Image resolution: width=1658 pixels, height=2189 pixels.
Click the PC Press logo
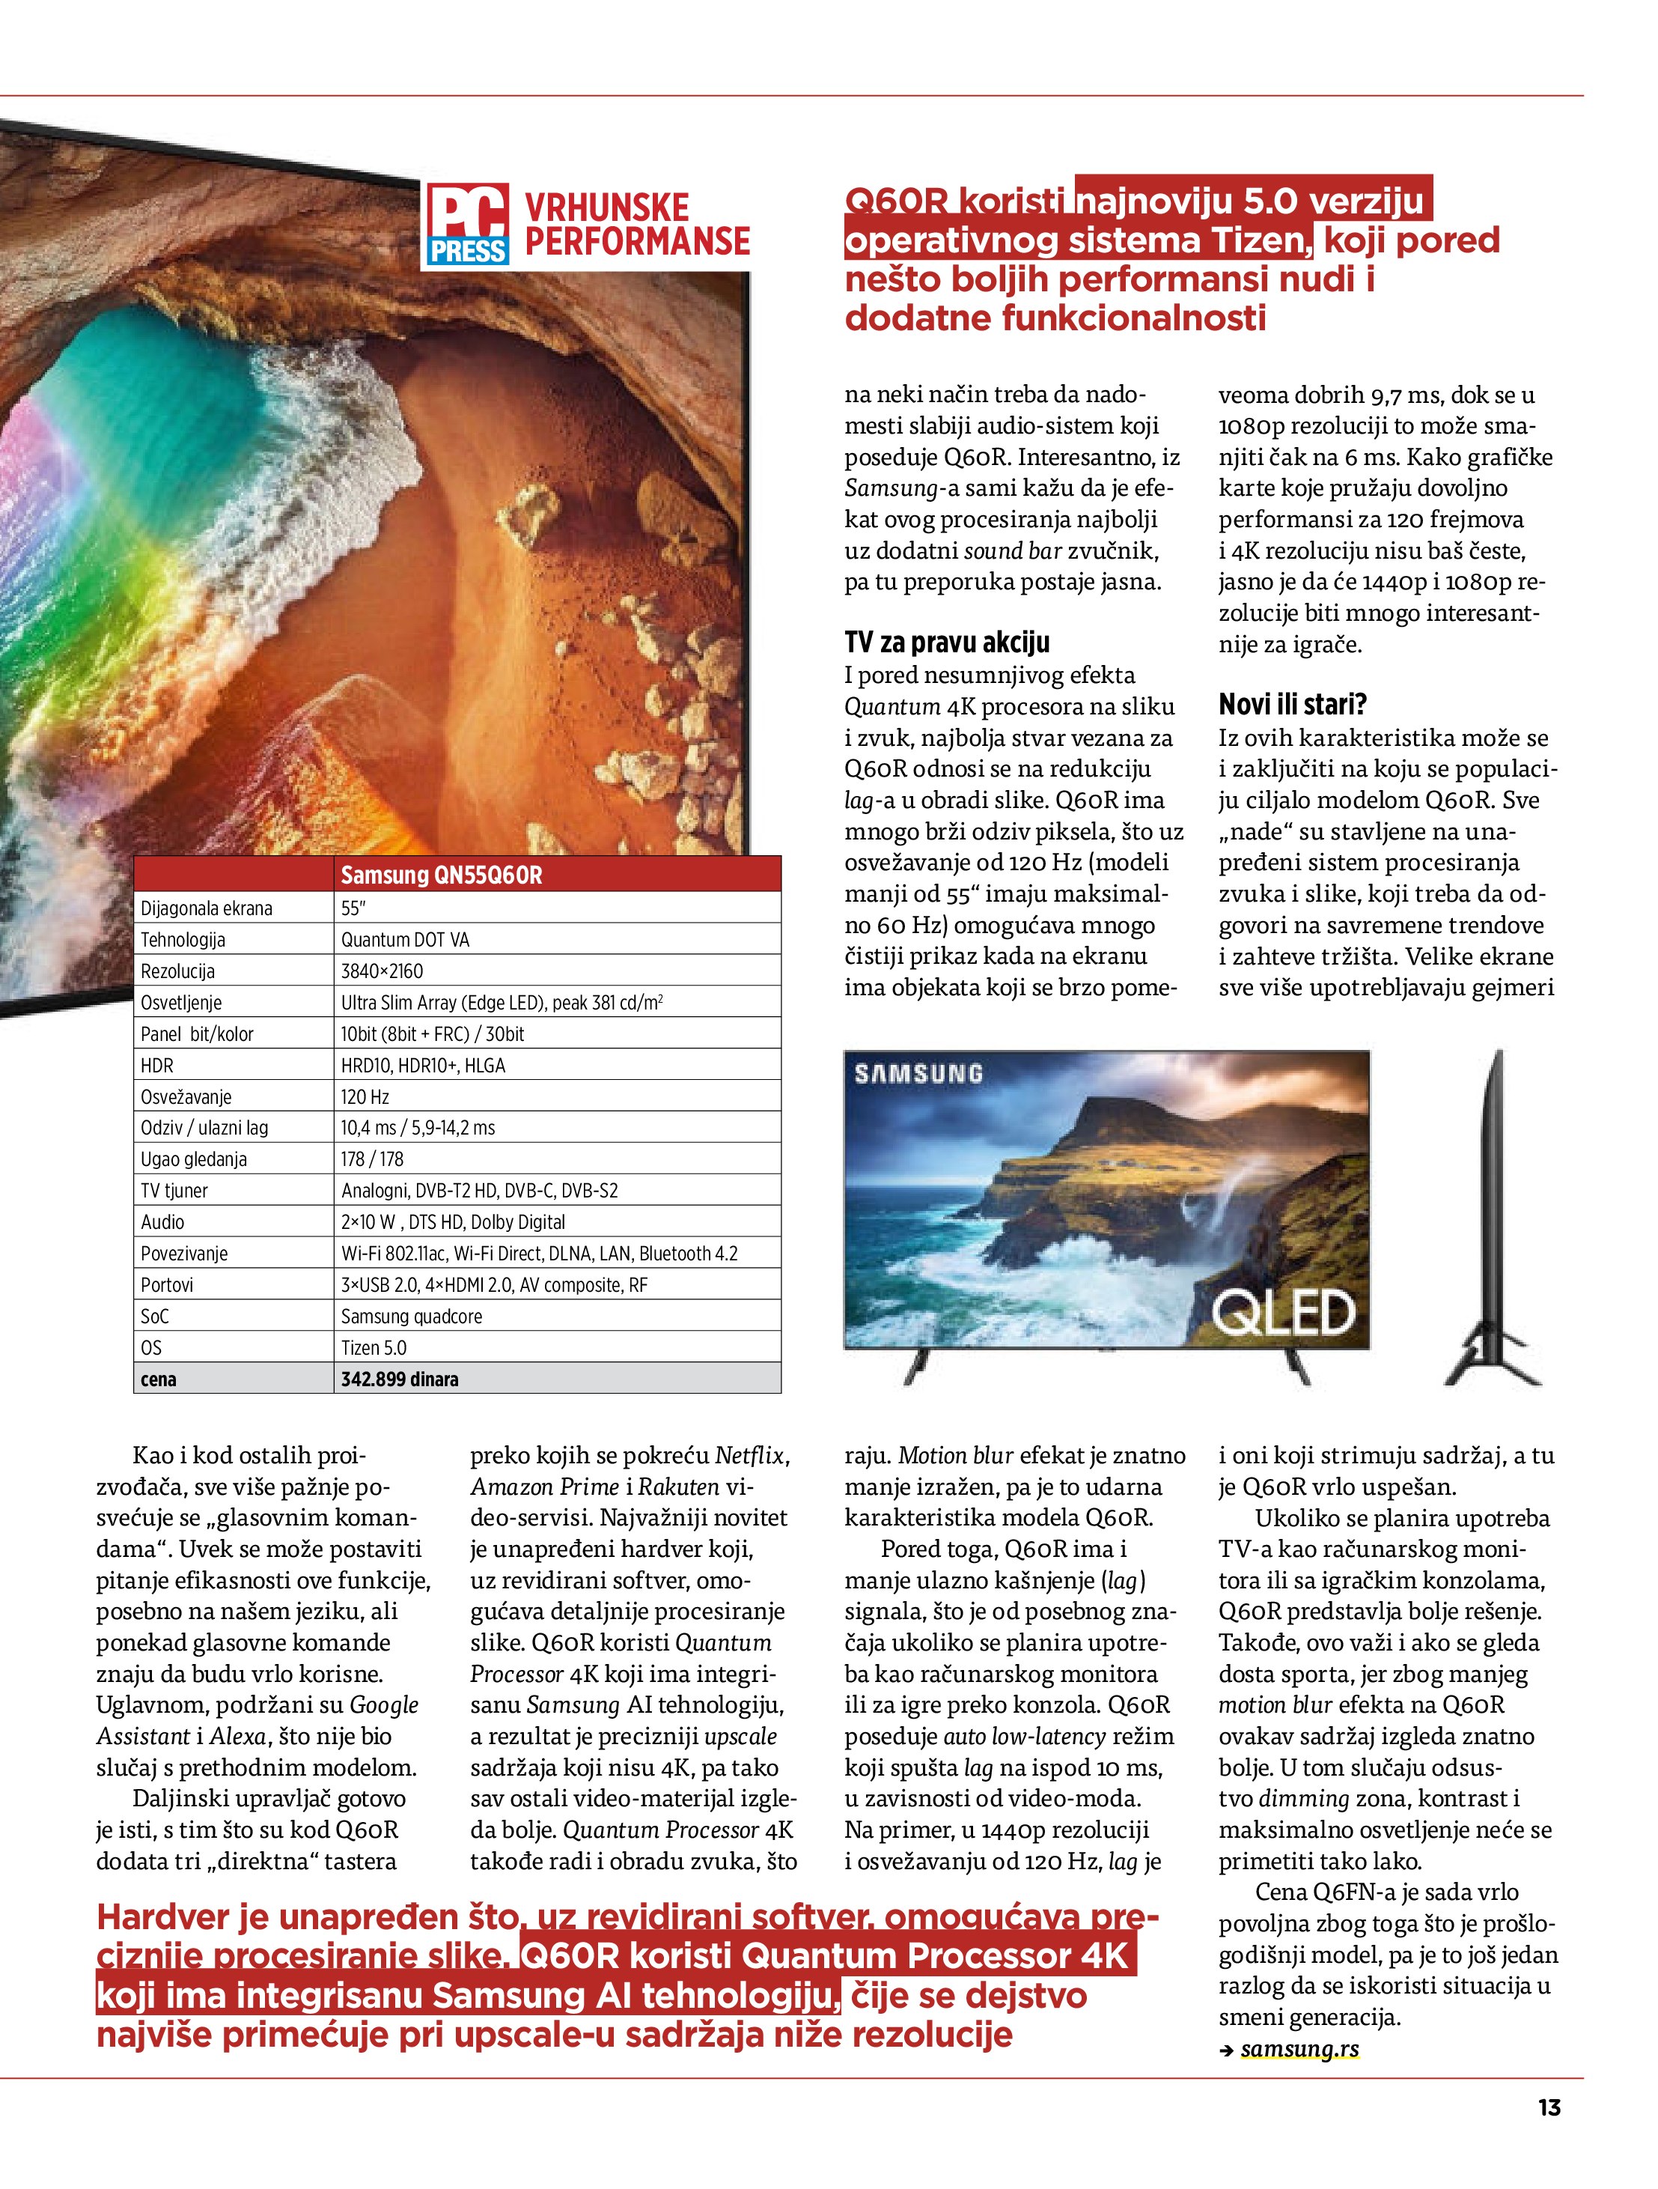pos(468,225)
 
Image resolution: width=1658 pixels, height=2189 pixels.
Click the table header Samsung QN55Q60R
pos(441,875)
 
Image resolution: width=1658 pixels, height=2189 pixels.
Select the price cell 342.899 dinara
pos(400,1379)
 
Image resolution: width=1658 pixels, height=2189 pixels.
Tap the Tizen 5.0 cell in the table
pos(374,1347)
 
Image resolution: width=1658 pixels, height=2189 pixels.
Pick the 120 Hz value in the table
pos(365,1096)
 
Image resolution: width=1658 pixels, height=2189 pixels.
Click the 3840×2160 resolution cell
pos(382,971)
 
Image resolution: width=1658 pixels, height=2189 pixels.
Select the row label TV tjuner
pos(174,1191)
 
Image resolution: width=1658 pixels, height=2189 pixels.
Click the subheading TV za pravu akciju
pos(947,643)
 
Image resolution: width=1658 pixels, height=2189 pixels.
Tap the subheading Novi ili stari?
pos(1292,705)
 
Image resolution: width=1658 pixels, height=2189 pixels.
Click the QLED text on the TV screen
pos(1283,1311)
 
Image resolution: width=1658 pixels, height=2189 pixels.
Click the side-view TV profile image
pos(1494,1217)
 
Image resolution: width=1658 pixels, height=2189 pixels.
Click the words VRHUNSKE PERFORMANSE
pos(636,225)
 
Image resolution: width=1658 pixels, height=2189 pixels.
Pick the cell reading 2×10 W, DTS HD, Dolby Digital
pos(453,1222)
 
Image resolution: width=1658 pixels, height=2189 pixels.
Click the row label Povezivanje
pos(184,1254)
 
